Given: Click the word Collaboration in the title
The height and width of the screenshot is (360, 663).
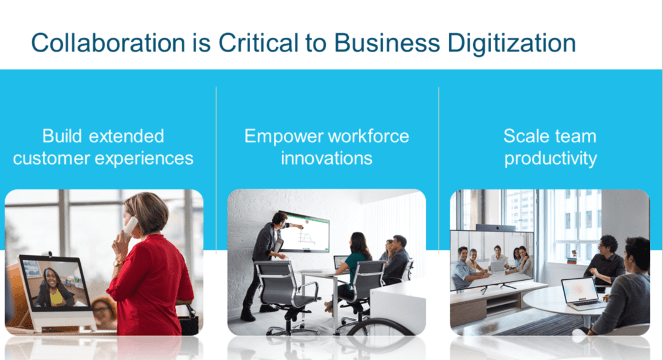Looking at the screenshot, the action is tap(108, 43).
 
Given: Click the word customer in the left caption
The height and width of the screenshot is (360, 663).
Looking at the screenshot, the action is tap(52, 159).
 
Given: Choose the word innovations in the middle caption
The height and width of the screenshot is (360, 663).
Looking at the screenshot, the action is tap(327, 158).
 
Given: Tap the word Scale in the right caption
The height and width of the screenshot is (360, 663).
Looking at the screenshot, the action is tap(526, 136).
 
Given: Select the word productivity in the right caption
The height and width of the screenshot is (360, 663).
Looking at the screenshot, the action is tap(551, 159).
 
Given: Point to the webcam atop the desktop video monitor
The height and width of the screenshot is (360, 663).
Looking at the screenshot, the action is tap(47, 253).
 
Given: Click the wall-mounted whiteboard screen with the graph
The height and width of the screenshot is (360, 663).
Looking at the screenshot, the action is tap(304, 232).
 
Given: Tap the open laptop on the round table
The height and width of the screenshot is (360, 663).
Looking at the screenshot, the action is tap(580, 294).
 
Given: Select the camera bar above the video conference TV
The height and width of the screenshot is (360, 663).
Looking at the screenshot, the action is tap(495, 228).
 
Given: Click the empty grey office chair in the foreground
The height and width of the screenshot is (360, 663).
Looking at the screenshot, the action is tap(287, 296).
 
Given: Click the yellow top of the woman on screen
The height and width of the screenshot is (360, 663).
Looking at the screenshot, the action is tap(56, 297).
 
